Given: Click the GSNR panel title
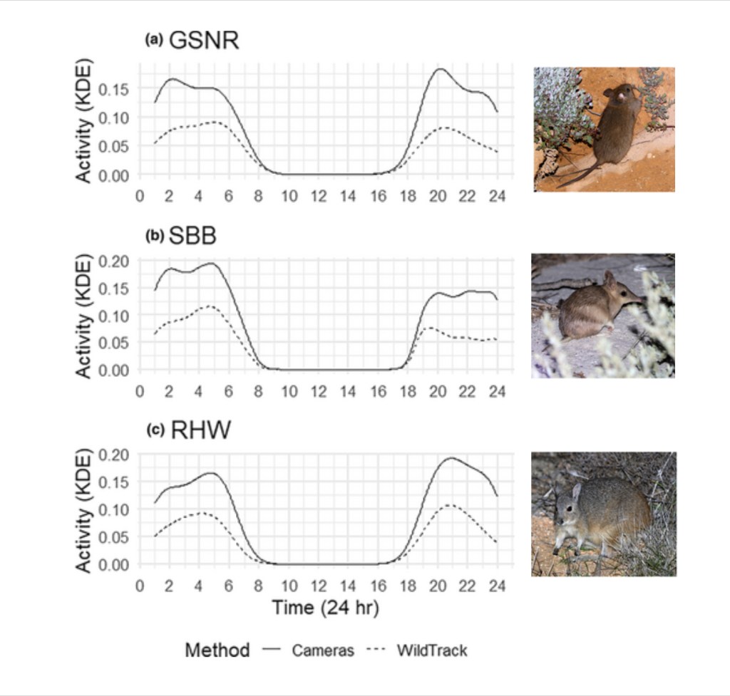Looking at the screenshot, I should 203,41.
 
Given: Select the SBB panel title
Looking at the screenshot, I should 192,237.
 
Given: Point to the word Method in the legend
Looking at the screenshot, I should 217,650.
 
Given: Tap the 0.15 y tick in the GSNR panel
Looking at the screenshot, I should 115,89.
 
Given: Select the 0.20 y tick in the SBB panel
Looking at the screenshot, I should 115,261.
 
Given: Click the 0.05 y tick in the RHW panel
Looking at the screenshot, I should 115,536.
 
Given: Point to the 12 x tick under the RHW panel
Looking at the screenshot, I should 319,586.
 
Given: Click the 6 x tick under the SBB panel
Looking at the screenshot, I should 229,391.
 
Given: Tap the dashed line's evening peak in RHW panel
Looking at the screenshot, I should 447,505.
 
